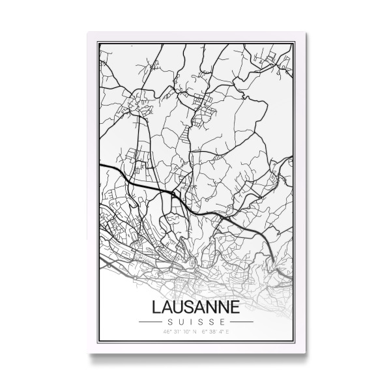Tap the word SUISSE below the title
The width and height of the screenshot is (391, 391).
195,321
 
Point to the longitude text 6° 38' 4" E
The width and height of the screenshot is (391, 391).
214,332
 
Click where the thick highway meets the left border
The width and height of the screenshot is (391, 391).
99,166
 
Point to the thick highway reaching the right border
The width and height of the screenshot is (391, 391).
291,267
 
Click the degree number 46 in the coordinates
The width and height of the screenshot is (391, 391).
167,332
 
